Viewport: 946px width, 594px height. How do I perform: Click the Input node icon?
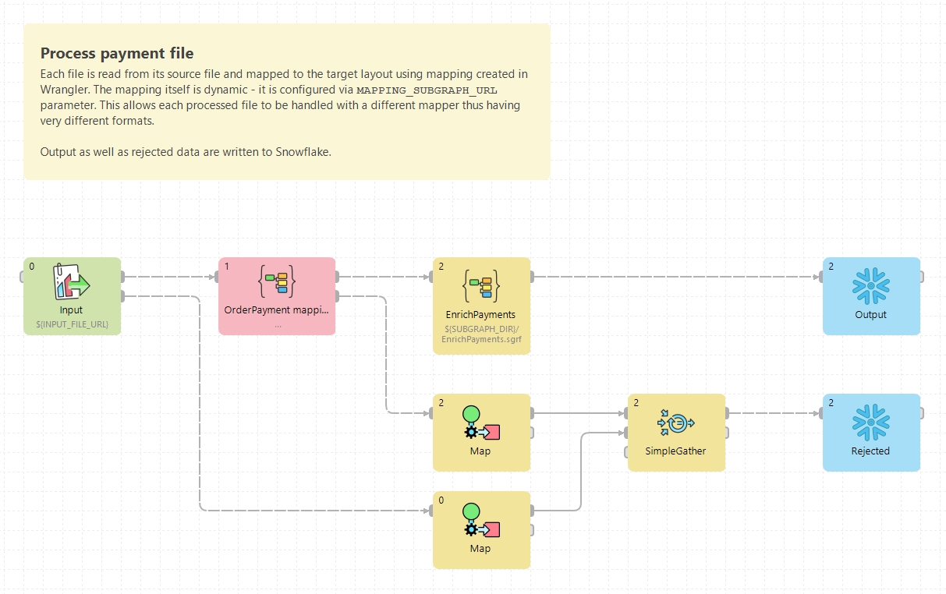pyautogui.click(x=72, y=281)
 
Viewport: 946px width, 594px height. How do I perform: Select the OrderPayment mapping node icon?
pyautogui.click(x=277, y=281)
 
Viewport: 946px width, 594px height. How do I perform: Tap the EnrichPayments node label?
pyautogui.click(x=480, y=315)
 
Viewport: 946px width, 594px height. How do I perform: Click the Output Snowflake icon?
pyautogui.click(x=870, y=285)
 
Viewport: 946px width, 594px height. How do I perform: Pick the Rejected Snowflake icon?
pyautogui.click(x=870, y=422)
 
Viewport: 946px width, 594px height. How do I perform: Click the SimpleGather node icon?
pyautogui.click(x=675, y=423)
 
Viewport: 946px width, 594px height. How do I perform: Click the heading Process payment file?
pyautogui.click(x=117, y=54)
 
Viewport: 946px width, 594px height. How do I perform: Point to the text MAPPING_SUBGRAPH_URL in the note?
pyautogui.click(x=427, y=90)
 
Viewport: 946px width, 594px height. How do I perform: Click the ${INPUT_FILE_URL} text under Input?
pyautogui.click(x=72, y=324)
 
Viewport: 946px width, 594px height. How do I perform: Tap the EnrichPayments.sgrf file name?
pyautogui.click(x=480, y=339)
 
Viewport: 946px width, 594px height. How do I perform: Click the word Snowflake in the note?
pyautogui.click(x=302, y=152)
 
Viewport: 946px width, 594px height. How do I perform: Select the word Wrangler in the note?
pyautogui.click(x=66, y=90)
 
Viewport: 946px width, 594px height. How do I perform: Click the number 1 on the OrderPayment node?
pyautogui.click(x=226, y=266)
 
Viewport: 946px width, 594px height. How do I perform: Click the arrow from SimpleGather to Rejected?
pyautogui.click(x=772, y=413)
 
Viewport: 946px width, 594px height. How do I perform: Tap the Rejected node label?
pyautogui.click(x=870, y=451)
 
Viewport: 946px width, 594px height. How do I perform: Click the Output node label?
pyautogui.click(x=870, y=315)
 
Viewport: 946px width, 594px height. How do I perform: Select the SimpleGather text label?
pyautogui.click(x=675, y=451)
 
